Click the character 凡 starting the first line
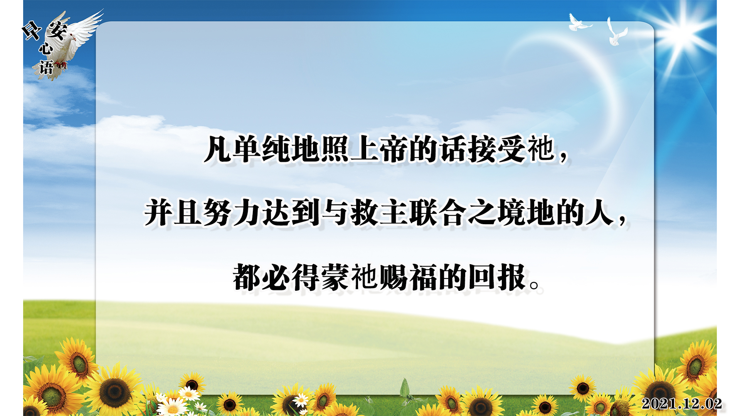pos(218,149)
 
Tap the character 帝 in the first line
pos(394,149)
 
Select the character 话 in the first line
pos(452,149)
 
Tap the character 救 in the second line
pos(364,212)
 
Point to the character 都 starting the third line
pos(247,277)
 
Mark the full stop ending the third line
pos(535,285)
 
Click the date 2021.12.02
pos(681,403)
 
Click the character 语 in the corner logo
pos(46,67)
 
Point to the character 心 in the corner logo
pos(45,48)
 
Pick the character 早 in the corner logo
pos(32,30)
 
